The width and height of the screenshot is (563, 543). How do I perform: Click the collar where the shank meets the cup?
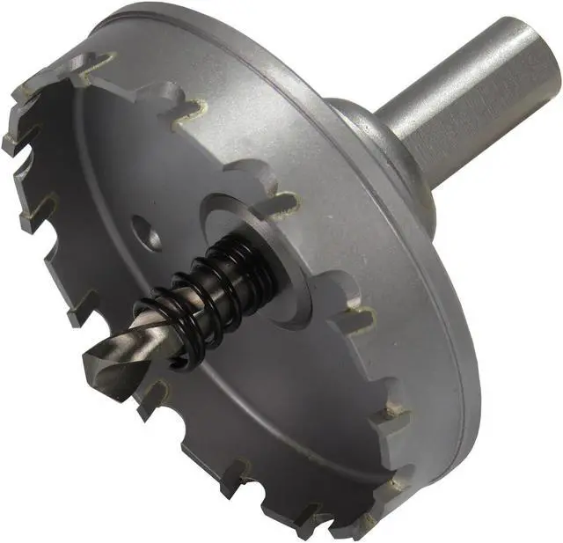[x=387, y=150]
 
